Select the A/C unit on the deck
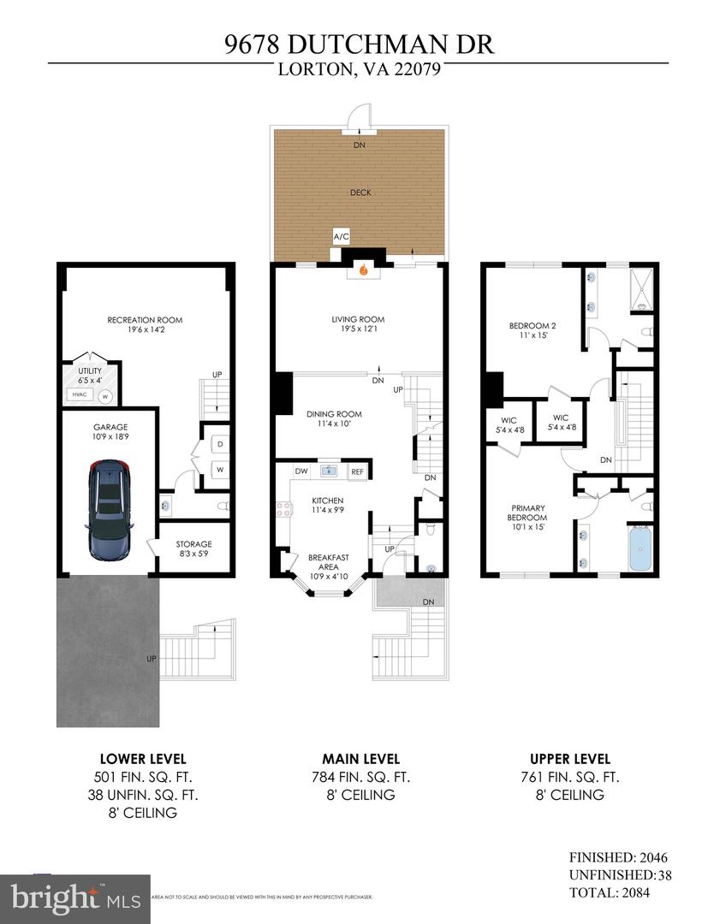(x=341, y=237)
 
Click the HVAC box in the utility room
(x=79, y=394)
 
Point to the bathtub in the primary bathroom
(x=640, y=548)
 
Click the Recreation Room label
(x=145, y=320)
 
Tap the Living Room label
(x=358, y=320)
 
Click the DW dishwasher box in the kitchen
(x=301, y=471)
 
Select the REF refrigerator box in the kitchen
(x=357, y=471)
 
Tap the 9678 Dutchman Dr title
(x=357, y=44)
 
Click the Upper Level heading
(x=570, y=759)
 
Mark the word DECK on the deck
(x=360, y=192)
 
